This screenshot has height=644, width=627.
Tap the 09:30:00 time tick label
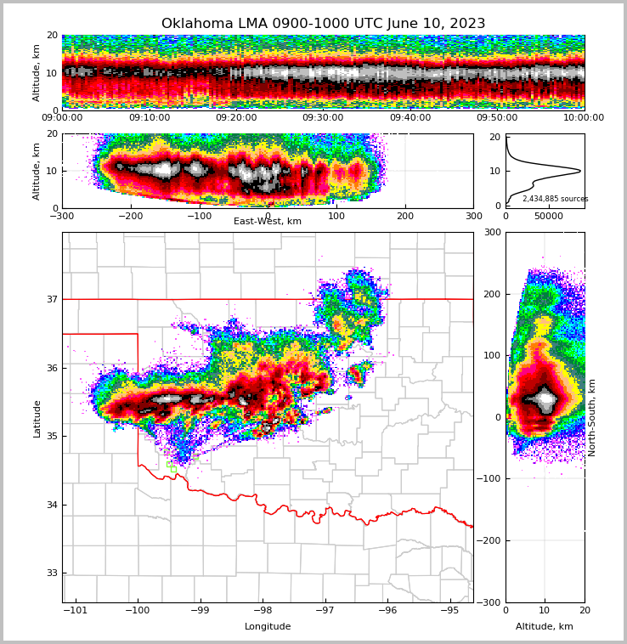point(323,118)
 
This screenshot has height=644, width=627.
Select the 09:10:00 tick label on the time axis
point(149,118)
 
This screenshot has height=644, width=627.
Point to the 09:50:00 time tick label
point(497,118)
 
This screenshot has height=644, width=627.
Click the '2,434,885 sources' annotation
point(555,199)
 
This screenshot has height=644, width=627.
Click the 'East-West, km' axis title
point(268,222)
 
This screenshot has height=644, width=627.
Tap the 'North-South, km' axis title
point(592,417)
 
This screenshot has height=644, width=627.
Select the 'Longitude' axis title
point(268,627)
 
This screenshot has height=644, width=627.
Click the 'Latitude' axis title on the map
point(37,418)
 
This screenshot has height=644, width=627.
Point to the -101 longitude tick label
point(76,611)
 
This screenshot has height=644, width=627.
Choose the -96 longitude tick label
point(387,611)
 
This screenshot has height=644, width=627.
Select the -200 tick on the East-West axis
point(131,216)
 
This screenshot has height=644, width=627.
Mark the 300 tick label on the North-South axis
point(492,232)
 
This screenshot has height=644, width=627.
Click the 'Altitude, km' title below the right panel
point(545,627)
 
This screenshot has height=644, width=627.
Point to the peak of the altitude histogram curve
point(580,171)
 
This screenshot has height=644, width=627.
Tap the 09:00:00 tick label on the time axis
point(62,118)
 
